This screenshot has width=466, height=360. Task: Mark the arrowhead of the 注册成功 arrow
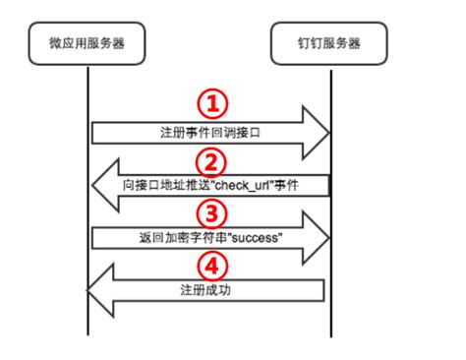(99, 291)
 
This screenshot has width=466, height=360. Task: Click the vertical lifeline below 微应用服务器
(87, 315)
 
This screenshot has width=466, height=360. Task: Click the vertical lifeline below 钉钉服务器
(331, 315)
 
